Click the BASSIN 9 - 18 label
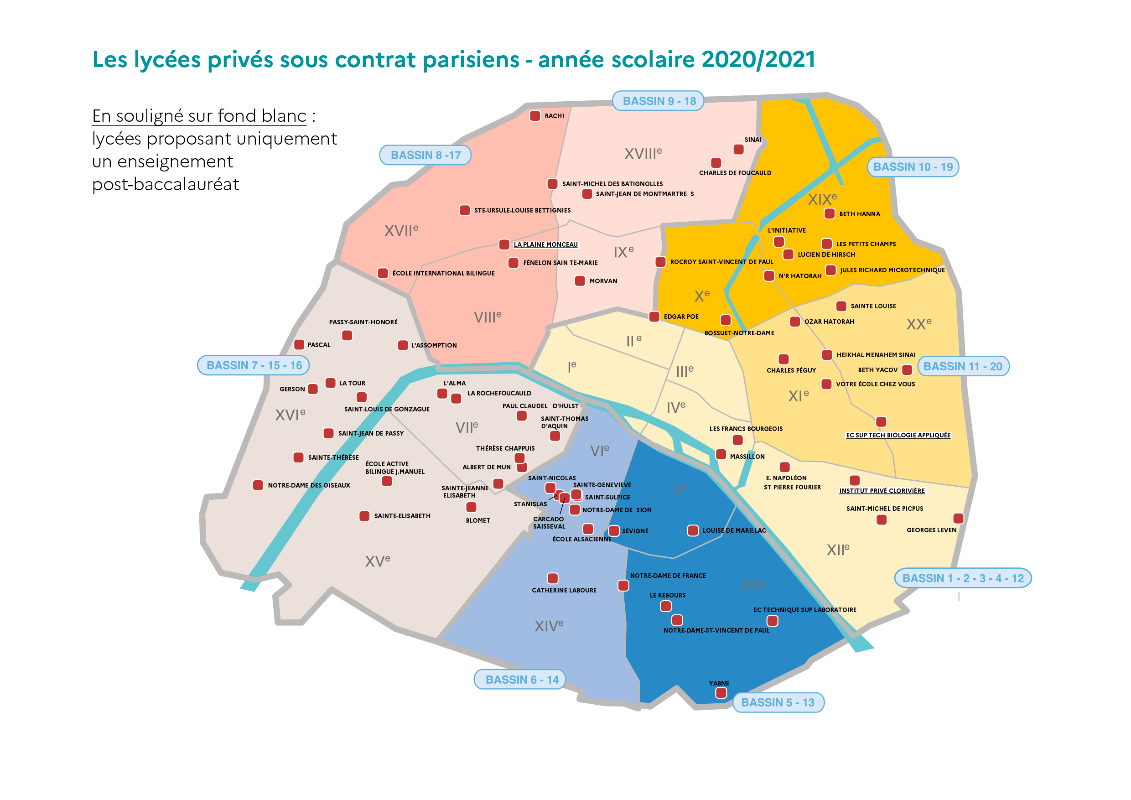pyautogui.click(x=658, y=101)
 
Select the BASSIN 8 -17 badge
pyautogui.click(x=425, y=155)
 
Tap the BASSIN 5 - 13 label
pyautogui.click(x=778, y=702)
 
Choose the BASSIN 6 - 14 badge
pyautogui.click(x=522, y=680)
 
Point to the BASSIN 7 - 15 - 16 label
pyautogui.click(x=254, y=365)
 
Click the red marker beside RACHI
pyautogui.click(x=535, y=116)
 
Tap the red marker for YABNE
pyautogui.click(x=721, y=693)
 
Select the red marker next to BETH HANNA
pyautogui.click(x=830, y=214)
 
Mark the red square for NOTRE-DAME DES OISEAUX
pyautogui.click(x=258, y=485)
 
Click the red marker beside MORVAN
pyautogui.click(x=580, y=281)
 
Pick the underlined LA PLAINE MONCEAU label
pyautogui.click(x=545, y=244)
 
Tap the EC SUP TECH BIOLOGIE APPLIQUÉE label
pyautogui.click(x=898, y=435)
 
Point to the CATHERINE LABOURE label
pyautogui.click(x=564, y=590)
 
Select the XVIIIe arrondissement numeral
pyautogui.click(x=643, y=154)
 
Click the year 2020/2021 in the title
pyautogui.click(x=758, y=60)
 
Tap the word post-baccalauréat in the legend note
pyautogui.click(x=166, y=184)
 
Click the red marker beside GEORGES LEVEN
pyautogui.click(x=958, y=518)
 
